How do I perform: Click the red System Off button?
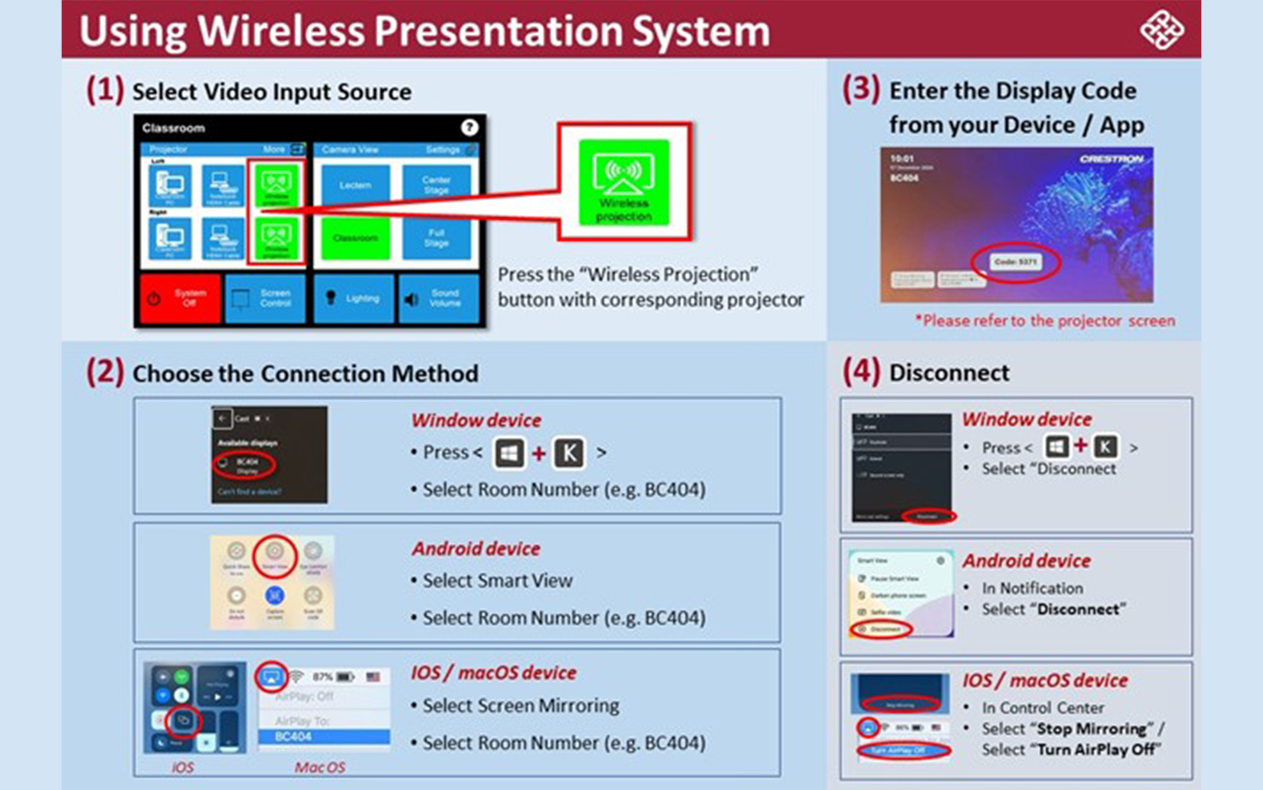coord(179,298)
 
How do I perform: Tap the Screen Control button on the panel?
coord(265,298)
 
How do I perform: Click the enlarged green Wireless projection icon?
coord(624,182)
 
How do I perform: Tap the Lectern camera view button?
coord(355,185)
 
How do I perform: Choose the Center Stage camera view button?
coord(436,185)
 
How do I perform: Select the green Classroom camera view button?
coord(355,238)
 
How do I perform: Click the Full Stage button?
coord(436,238)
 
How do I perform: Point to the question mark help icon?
coord(469,127)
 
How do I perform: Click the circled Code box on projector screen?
coord(1016,261)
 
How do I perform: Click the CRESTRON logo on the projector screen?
coord(1111,159)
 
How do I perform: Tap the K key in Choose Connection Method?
coord(569,453)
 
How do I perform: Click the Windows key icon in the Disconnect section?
coord(1056,447)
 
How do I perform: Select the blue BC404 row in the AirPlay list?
coord(324,736)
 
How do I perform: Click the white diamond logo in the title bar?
coord(1161,30)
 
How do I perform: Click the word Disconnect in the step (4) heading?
coord(949,373)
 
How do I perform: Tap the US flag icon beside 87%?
coord(373,677)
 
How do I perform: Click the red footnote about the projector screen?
coord(1045,321)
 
